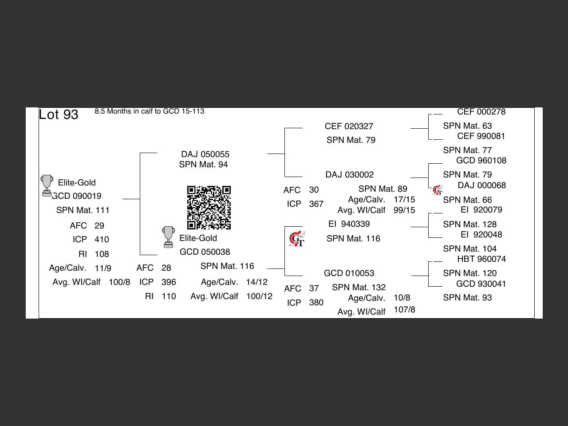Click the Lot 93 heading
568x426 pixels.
coord(59,114)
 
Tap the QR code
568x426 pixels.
coord(209,208)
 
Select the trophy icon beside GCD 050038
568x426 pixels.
coord(168,237)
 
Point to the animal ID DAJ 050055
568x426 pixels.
coord(205,154)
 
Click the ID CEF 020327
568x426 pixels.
coord(349,126)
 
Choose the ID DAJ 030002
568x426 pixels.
coord(349,175)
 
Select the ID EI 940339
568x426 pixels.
coord(349,224)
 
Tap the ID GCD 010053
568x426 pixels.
coord(349,273)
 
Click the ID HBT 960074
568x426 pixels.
coord(481,259)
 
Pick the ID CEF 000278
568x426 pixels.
coord(481,112)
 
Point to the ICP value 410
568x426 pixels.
coord(102,240)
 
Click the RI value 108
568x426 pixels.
coord(102,254)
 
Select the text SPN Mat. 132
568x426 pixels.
coord(359,288)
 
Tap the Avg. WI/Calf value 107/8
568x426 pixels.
coord(404,310)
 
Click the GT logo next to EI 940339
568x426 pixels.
coord(296,239)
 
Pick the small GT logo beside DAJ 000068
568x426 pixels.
coord(438,190)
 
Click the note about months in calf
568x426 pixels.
coord(150,111)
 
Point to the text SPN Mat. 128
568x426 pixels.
coord(469,225)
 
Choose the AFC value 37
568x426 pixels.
coord(314,288)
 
